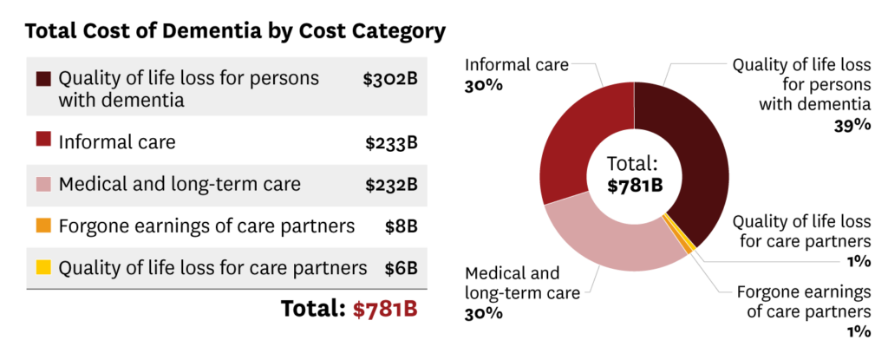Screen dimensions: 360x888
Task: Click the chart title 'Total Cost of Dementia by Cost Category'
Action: click(235, 32)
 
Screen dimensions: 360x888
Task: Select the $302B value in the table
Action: click(390, 79)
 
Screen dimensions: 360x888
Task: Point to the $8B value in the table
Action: click(402, 226)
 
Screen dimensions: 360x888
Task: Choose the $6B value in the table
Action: click(402, 268)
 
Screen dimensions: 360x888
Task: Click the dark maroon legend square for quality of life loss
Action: click(44, 79)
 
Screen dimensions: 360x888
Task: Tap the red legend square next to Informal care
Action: click(44, 141)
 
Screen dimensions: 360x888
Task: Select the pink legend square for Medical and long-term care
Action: click(44, 184)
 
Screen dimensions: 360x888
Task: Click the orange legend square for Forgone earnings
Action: click(44, 226)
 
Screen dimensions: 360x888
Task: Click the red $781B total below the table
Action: click(385, 310)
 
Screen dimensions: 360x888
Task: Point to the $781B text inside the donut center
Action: click(634, 185)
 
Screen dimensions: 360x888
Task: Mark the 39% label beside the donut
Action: click(852, 124)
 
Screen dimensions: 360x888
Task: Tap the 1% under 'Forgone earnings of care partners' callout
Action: click(858, 331)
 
